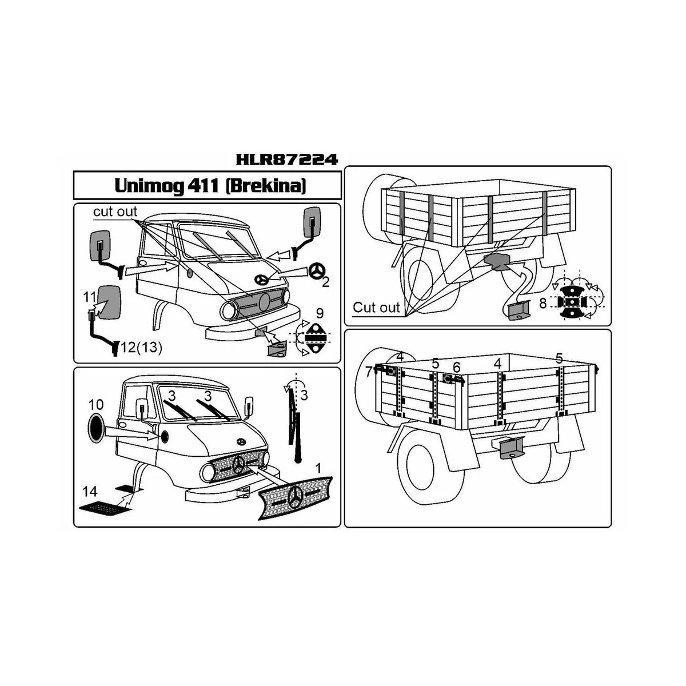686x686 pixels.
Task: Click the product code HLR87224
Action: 286,159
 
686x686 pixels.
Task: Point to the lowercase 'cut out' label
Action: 115,212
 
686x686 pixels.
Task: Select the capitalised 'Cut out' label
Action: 376,307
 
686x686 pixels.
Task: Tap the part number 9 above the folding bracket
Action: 320,313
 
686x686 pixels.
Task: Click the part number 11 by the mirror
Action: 89,297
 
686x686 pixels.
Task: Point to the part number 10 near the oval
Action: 96,405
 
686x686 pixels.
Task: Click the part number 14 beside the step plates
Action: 90,491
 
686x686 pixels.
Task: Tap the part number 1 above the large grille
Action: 319,467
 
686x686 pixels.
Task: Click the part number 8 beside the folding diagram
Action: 542,304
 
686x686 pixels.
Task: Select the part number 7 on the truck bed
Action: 369,372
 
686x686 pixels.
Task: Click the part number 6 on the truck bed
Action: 456,366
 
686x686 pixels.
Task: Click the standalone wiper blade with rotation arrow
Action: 296,423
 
